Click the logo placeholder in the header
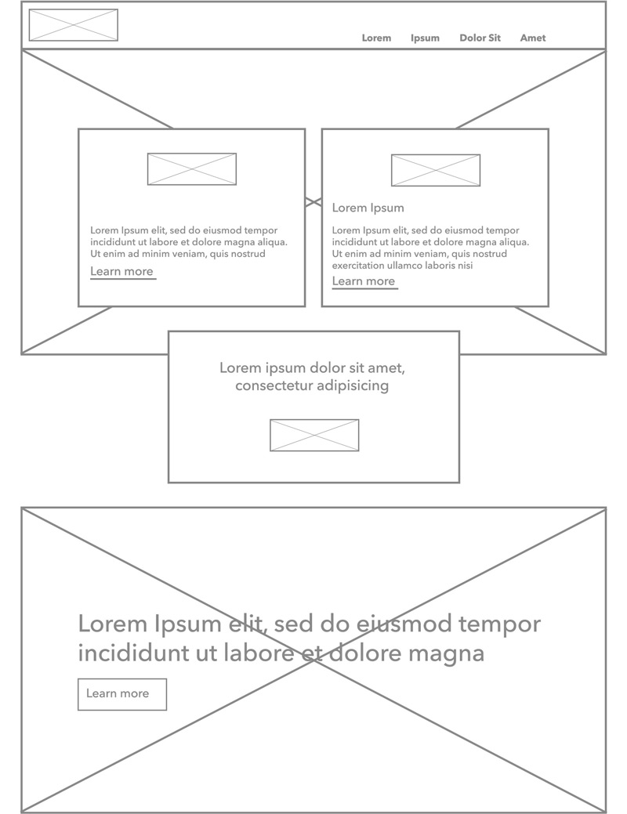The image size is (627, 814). [x=74, y=25]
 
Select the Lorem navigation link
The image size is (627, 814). [x=376, y=38]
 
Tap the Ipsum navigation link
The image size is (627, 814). [x=425, y=38]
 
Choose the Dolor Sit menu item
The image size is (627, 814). [x=480, y=38]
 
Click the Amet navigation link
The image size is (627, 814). [x=533, y=38]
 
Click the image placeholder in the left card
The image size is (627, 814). [x=192, y=169]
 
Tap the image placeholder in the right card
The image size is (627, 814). [x=436, y=171]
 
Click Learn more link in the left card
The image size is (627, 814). [x=122, y=272]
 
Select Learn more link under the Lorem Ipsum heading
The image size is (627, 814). [x=364, y=281]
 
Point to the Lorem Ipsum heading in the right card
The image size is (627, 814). [x=368, y=208]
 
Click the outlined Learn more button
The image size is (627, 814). [x=122, y=694]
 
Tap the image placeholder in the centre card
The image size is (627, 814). [x=314, y=436]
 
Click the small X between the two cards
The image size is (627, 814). [x=313, y=202]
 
